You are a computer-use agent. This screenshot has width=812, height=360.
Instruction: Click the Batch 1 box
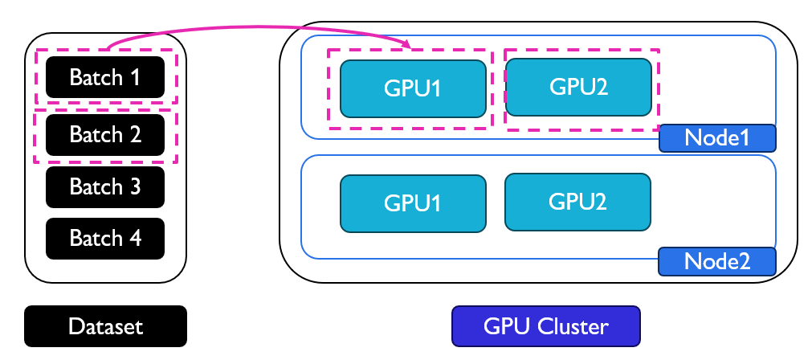click(105, 77)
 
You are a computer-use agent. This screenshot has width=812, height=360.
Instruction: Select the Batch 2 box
click(105, 134)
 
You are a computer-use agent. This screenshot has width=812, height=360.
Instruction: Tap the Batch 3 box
click(105, 186)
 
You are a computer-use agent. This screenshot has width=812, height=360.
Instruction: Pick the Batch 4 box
click(105, 238)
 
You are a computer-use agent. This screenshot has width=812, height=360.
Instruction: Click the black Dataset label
click(105, 326)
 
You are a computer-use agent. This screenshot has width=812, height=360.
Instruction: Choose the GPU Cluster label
click(546, 326)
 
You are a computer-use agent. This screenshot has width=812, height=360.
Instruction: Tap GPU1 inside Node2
click(413, 202)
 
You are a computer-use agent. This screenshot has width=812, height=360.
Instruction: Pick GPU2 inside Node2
click(577, 201)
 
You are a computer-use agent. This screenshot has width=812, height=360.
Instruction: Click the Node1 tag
click(716, 138)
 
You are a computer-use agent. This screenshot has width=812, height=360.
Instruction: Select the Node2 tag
click(716, 261)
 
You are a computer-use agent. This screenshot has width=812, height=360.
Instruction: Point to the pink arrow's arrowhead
click(407, 47)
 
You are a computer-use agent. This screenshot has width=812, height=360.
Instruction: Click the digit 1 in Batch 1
click(135, 77)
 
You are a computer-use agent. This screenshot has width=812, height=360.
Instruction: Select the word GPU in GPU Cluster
click(504, 326)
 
